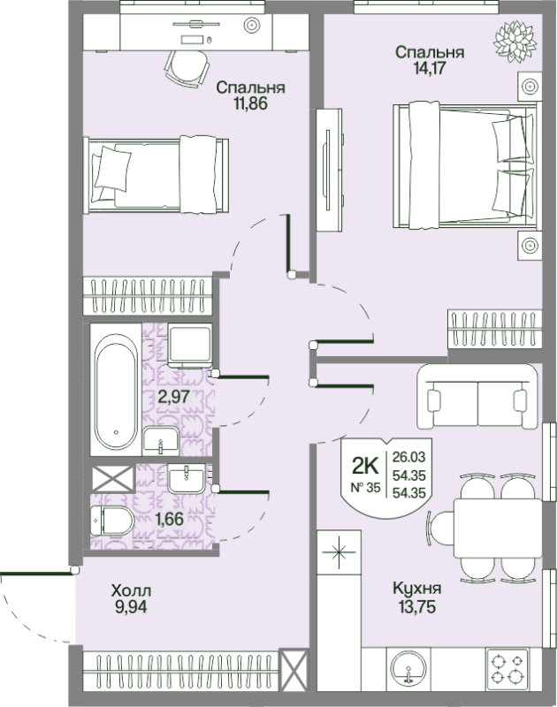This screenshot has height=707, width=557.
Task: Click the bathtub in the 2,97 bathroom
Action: click(116, 389)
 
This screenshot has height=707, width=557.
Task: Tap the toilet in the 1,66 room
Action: click(112, 521)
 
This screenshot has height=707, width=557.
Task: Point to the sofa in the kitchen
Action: click(478, 396)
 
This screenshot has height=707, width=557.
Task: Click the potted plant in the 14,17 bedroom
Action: click(515, 42)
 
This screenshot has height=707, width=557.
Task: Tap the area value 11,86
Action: click(250, 103)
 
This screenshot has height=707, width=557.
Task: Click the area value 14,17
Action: click(430, 68)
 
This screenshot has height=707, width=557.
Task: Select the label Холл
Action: click(131, 590)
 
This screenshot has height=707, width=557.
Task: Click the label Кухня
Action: click(417, 589)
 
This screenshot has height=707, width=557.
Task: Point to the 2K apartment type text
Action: click(365, 467)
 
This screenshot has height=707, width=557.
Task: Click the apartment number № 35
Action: click(366, 488)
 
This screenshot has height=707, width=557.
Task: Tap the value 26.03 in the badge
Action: click(408, 457)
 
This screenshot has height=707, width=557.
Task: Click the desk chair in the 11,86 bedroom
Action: click(187, 68)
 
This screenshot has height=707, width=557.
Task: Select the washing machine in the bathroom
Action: click(190, 345)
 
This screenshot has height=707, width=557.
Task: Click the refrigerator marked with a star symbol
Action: click(340, 551)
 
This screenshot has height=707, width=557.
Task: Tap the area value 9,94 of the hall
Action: click(131, 607)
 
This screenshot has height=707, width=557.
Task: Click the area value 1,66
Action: click(169, 520)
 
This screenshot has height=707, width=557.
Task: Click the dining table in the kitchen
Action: click(497, 528)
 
